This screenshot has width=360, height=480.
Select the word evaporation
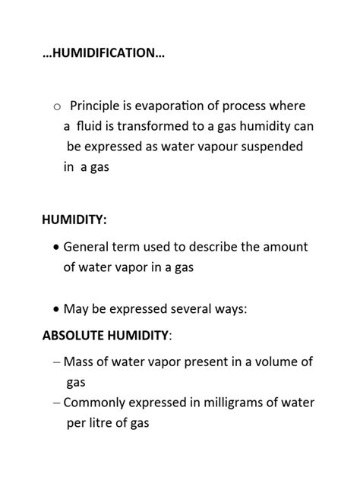[x=172, y=106]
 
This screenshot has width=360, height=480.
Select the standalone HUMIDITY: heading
[x=74, y=219]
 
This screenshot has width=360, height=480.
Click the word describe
[x=221, y=247]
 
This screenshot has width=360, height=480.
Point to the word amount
[x=286, y=247]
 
